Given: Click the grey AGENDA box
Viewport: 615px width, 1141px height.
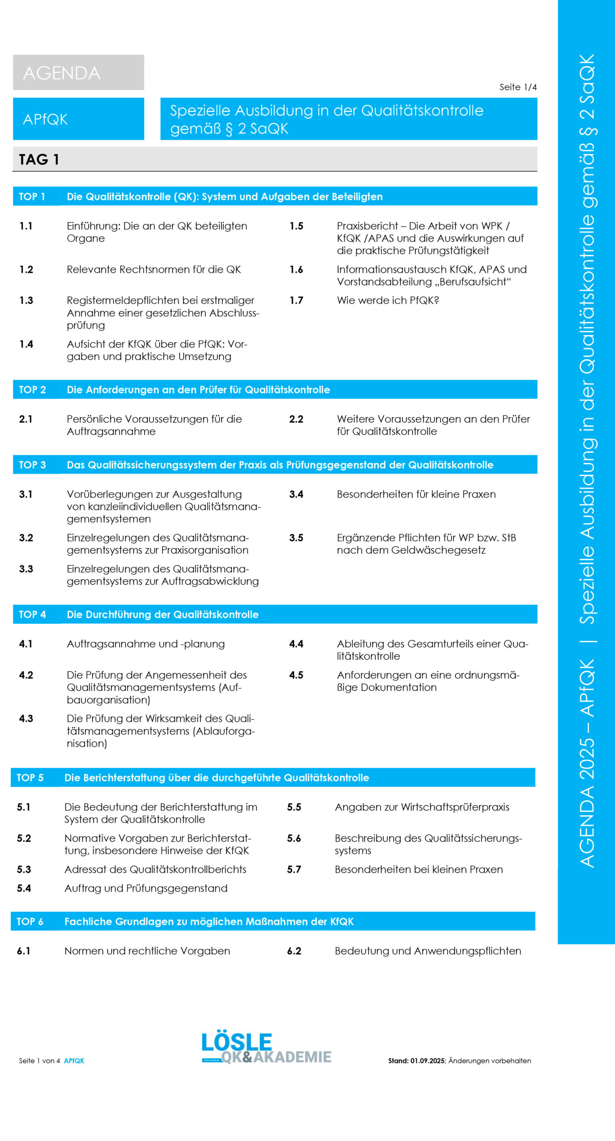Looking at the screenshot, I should click(78, 73).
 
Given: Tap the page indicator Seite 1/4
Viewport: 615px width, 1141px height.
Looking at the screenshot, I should click(518, 87).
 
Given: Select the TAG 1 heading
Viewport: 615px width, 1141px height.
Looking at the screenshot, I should click(39, 160).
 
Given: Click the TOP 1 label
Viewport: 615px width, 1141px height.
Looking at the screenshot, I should click(32, 197).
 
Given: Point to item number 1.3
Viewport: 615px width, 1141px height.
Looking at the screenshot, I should click(26, 300).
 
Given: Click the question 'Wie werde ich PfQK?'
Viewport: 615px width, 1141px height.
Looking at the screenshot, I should click(388, 300).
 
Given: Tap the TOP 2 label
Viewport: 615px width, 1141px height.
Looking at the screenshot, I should click(32, 390).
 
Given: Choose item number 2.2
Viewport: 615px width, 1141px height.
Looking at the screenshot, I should click(296, 419).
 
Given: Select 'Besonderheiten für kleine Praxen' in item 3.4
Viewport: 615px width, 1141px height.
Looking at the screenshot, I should click(416, 494).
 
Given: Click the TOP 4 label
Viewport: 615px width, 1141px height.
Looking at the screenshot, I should click(32, 614).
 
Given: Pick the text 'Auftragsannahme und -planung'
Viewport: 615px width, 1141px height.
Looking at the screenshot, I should click(146, 644).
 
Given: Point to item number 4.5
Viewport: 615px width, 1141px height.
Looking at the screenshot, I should click(296, 675).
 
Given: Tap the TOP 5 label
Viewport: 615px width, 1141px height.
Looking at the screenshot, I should click(30, 778).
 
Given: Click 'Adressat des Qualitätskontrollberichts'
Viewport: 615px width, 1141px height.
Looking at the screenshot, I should click(155, 869).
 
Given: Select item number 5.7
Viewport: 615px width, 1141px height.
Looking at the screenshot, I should click(294, 869).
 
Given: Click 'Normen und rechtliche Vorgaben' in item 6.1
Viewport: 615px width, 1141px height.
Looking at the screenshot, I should click(147, 951).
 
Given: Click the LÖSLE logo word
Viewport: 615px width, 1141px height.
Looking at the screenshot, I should click(236, 1042).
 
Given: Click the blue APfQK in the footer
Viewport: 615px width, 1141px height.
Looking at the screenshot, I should click(74, 1061).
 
